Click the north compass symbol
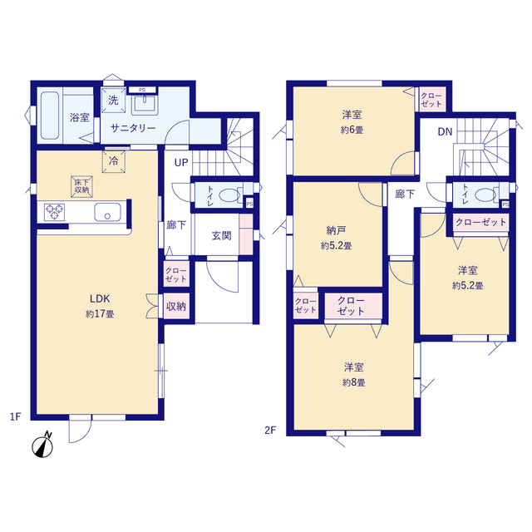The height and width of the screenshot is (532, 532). tap(42, 445)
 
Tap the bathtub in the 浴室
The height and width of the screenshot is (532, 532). tap(50, 116)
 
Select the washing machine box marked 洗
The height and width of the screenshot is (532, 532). tap(113, 101)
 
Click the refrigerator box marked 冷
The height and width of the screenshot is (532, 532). tap(114, 161)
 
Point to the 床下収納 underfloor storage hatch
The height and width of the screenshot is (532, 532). tap(81, 186)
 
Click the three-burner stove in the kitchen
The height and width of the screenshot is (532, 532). tap(54, 212)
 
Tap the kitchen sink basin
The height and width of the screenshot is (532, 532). tap(107, 212)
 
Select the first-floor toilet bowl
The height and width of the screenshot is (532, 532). tap(229, 196)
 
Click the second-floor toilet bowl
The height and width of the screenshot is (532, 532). tap(485, 195)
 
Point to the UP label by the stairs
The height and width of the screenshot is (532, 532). tap(181, 163)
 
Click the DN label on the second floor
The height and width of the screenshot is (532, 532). tap(445, 131)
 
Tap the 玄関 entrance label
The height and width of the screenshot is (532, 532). tap(222, 235)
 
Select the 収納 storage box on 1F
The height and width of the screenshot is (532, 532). tap(176, 306)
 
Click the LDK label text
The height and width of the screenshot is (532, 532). tap(100, 298)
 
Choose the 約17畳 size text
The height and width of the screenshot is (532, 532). tap(100, 314)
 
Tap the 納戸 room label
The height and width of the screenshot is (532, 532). tap(336, 231)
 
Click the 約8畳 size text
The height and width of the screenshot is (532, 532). tap(353, 382)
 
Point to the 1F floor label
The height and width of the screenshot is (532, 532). tap(15, 416)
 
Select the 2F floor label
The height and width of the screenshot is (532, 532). tap(270, 431)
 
